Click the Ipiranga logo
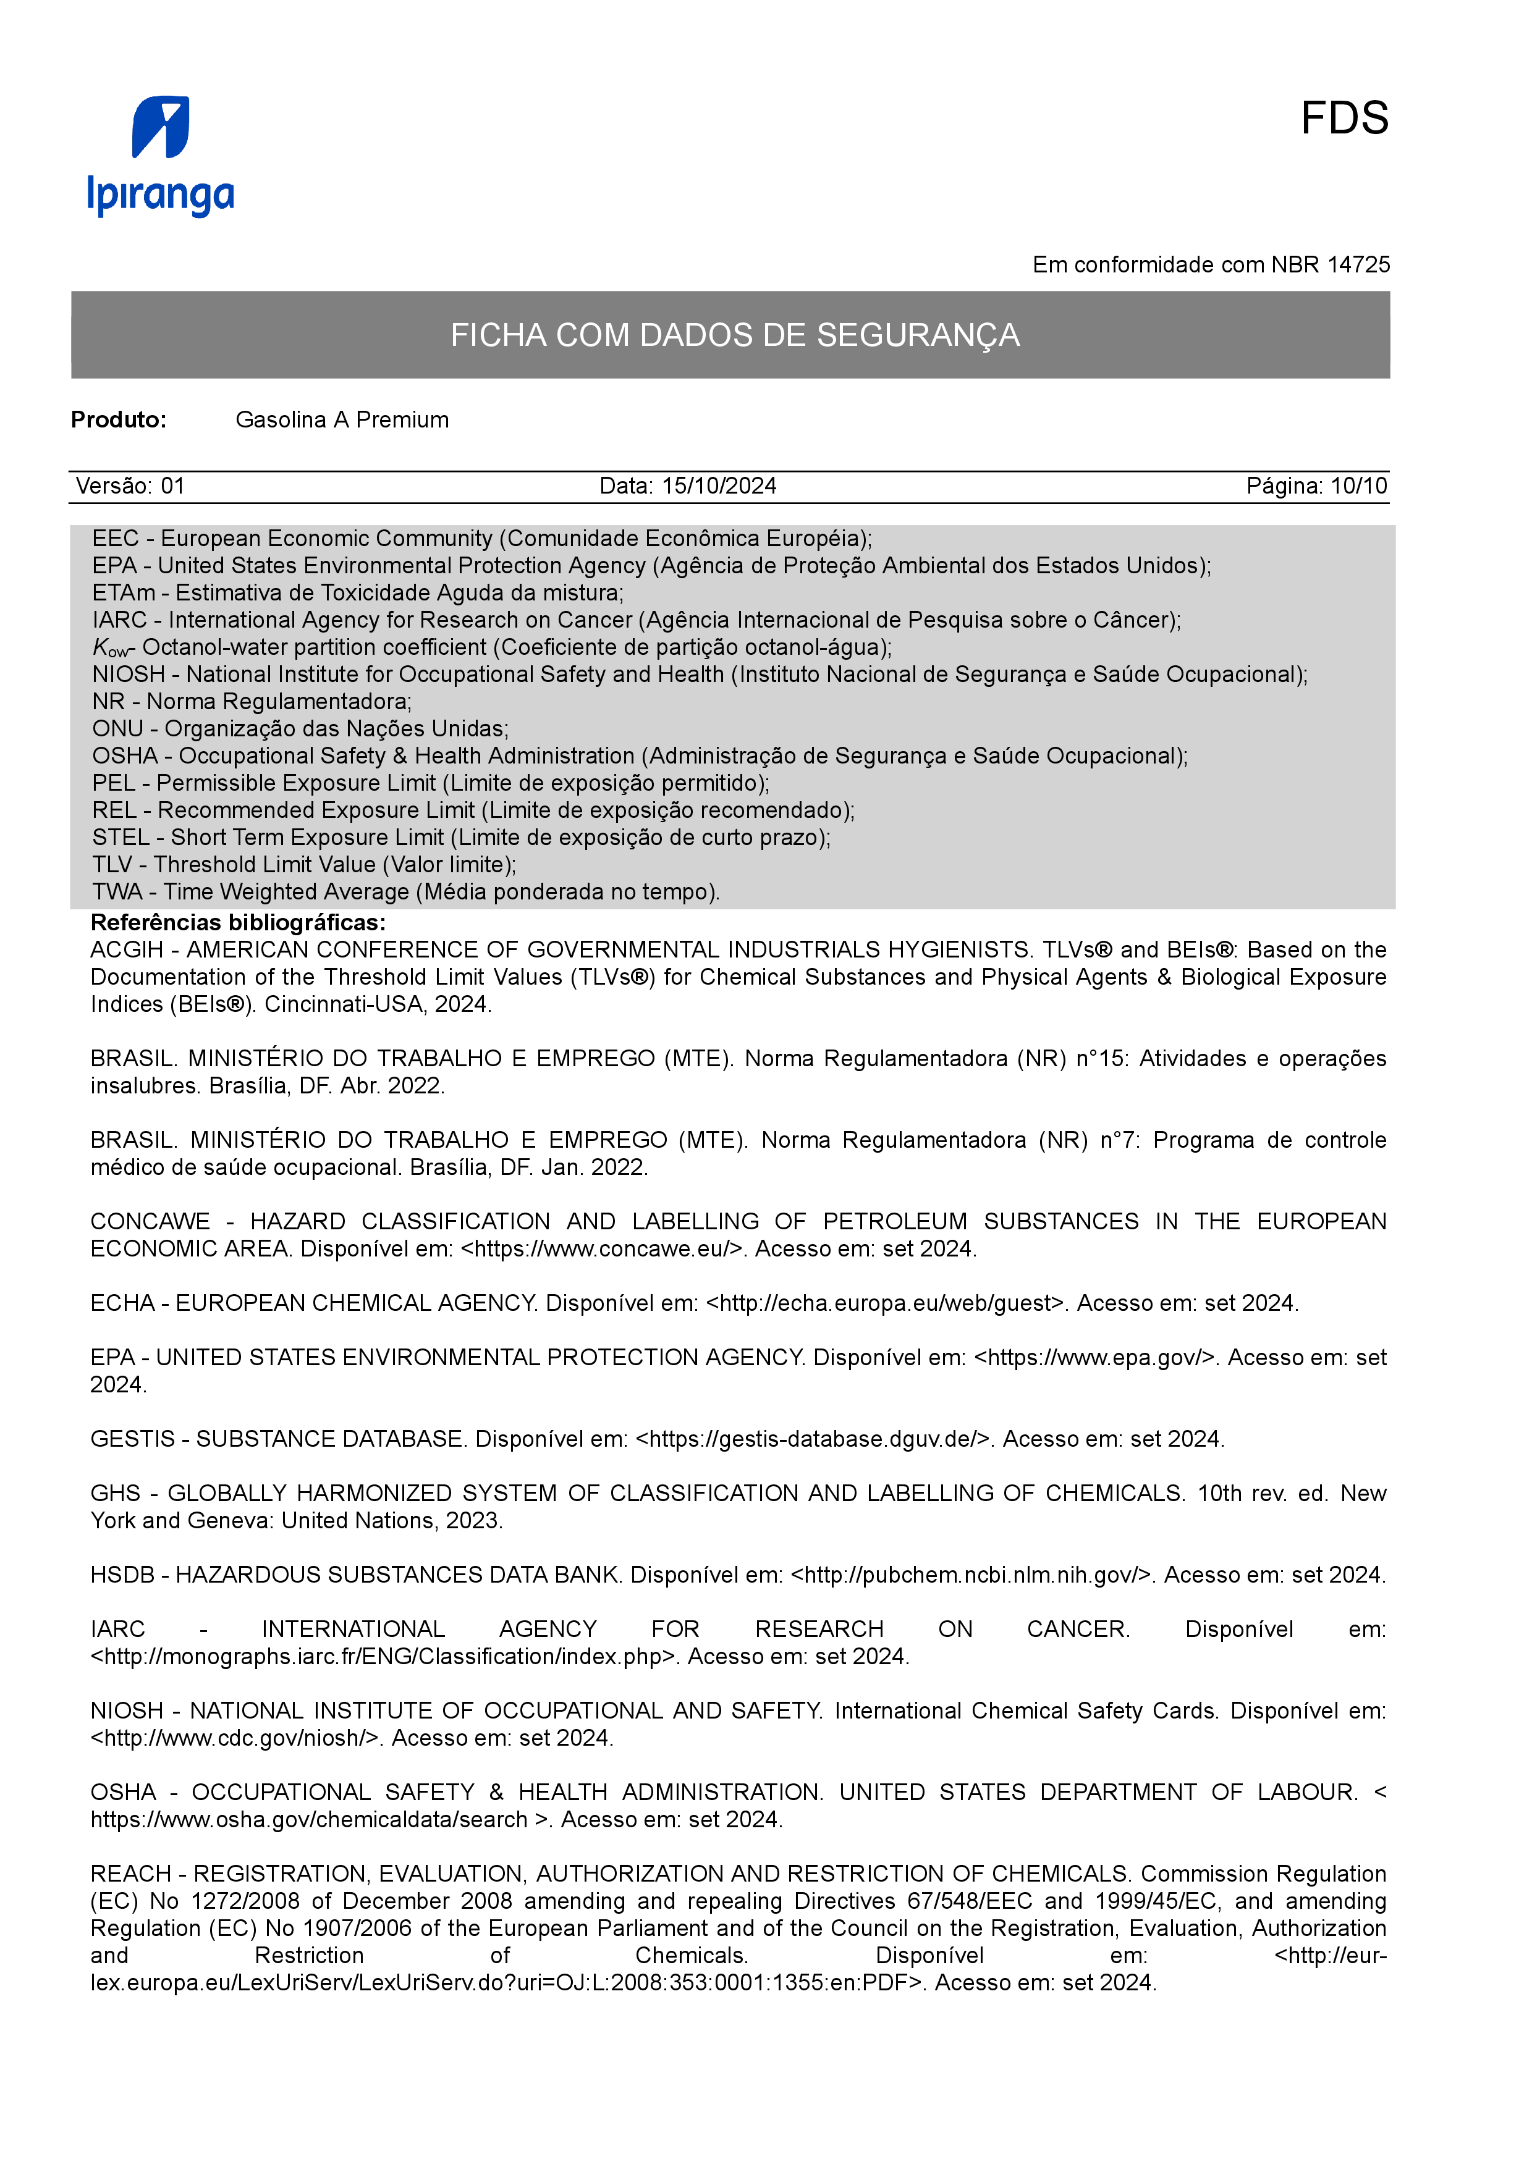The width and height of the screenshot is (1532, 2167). click(161, 156)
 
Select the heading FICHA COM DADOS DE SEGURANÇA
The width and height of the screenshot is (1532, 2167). click(734, 335)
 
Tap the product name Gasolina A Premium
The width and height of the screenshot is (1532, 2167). click(342, 420)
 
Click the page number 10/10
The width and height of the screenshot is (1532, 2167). click(1358, 486)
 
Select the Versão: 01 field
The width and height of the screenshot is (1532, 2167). click(130, 486)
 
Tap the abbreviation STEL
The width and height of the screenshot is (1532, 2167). click(120, 837)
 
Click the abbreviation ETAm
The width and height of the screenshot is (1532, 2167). click(123, 593)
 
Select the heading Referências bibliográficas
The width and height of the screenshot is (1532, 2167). click(238, 922)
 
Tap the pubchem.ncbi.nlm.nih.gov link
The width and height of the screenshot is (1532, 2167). click(970, 1575)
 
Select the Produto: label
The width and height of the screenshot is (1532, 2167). click(119, 420)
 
